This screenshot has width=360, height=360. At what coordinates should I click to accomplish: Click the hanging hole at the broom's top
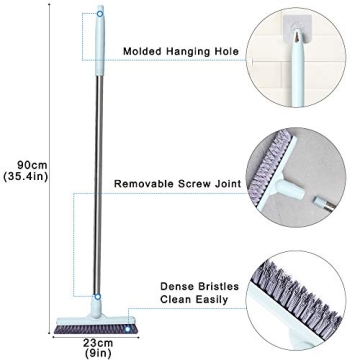click(99, 15)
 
